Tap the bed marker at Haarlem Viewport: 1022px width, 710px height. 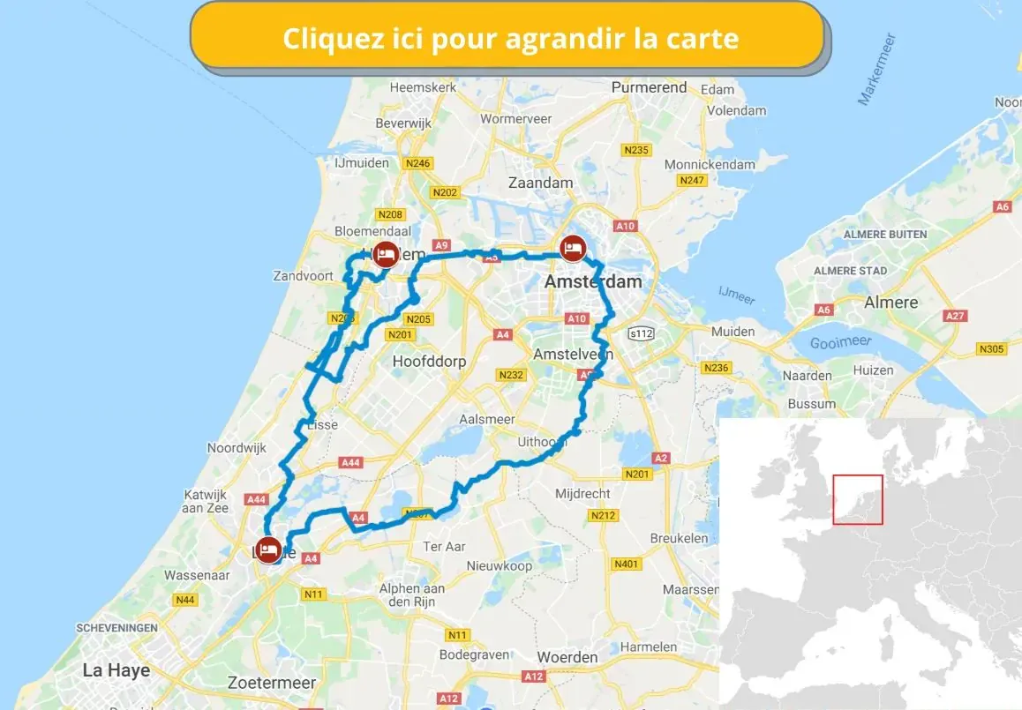[385, 254]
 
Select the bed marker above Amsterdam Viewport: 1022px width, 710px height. [574, 248]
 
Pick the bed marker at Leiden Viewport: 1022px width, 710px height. [268, 549]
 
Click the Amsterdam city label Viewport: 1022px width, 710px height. [593, 282]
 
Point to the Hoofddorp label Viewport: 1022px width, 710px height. [429, 362]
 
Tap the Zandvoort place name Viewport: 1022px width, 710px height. [304, 276]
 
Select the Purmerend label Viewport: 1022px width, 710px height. [649, 87]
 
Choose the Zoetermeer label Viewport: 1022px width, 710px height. [271, 683]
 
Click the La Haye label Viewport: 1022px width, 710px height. [116, 670]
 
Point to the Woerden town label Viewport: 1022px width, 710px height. [567, 657]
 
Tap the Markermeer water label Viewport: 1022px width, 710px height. [876, 70]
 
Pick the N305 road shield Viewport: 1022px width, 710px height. [992, 349]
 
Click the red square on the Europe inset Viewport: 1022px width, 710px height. [858, 500]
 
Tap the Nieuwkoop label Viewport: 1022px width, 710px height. [500, 566]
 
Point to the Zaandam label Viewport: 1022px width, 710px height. [541, 183]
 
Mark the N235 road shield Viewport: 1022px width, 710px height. [635, 150]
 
